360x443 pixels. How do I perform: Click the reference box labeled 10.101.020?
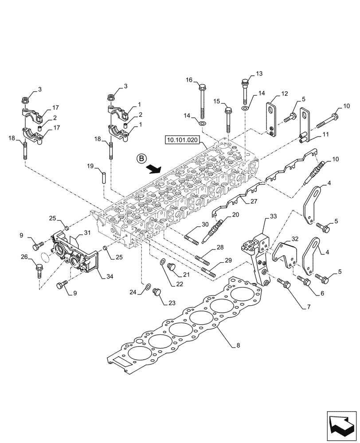pyautogui.click(x=183, y=141)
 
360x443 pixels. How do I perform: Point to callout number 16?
pyautogui.click(x=189, y=80)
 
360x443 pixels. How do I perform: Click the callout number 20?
pyautogui.click(x=235, y=215)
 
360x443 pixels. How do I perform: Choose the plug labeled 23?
pyautogui.click(x=156, y=293)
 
